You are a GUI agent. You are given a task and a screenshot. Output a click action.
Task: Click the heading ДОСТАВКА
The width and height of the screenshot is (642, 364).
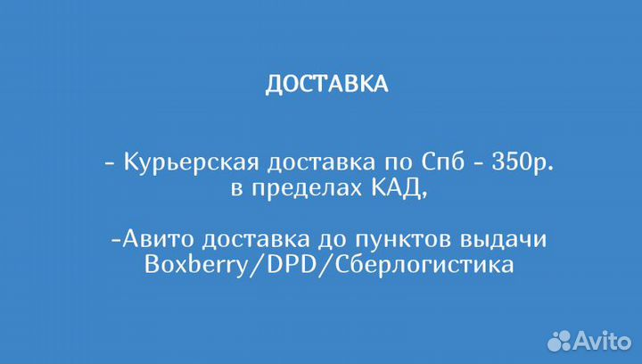click(x=326, y=84)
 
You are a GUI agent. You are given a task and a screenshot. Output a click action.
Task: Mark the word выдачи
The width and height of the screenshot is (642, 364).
click(x=499, y=242)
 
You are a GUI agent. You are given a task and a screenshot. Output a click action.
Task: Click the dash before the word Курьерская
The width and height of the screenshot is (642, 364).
click(x=110, y=164)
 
